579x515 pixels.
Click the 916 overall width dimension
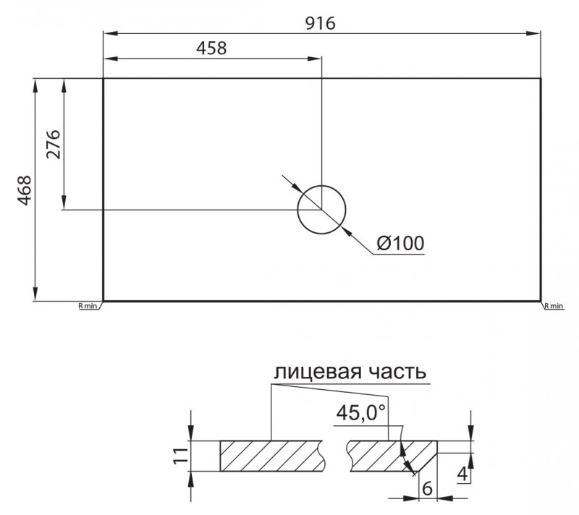pos(321,24)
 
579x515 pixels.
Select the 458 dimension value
pos(211,48)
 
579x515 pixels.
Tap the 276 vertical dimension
pos(54,144)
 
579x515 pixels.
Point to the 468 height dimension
pos(25,190)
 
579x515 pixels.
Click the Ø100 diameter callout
pos(401,244)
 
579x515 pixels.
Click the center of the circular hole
pos(321,210)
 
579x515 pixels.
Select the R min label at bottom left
pos(88,306)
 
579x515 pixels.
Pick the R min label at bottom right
pos(554,306)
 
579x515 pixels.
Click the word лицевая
pos(317,373)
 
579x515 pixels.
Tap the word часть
pos(399,373)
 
